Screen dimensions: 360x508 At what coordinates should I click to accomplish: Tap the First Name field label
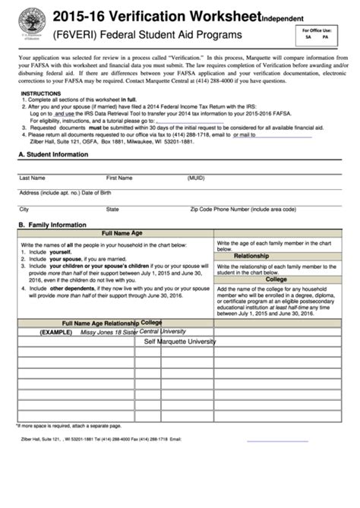(119, 178)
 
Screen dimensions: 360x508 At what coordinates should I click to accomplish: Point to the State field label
(112, 208)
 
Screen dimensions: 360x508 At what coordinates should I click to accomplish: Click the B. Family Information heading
(52, 225)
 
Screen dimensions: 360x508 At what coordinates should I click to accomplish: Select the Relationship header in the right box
(251, 256)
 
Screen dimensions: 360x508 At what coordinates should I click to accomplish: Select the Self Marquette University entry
(191, 342)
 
